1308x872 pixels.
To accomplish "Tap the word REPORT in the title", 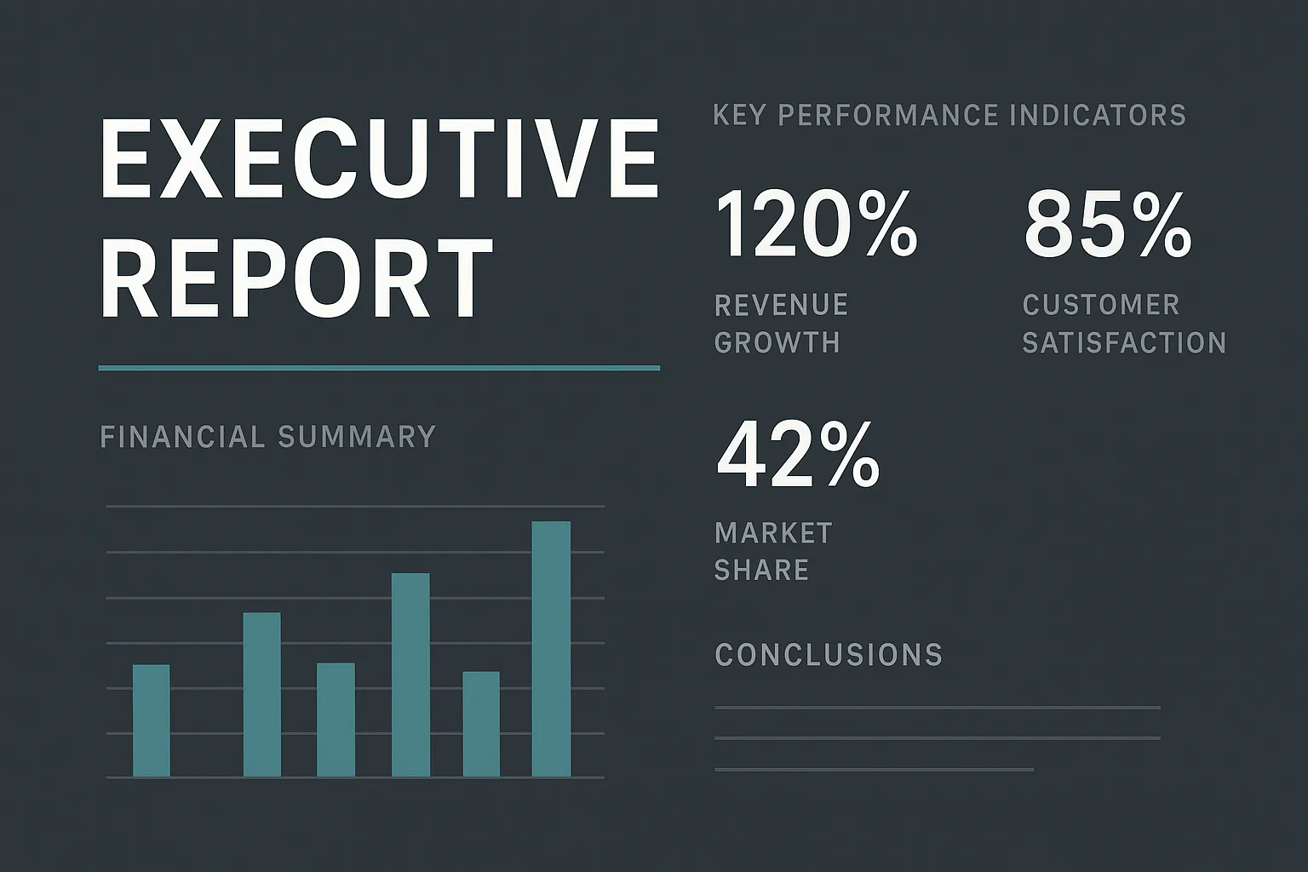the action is pyautogui.click(x=297, y=278).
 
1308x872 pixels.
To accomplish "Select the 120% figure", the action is pyautogui.click(x=817, y=224).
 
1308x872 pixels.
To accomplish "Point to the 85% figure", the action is pyautogui.click(x=1107, y=224).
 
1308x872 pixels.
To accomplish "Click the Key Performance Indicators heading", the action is pyautogui.click(x=949, y=114).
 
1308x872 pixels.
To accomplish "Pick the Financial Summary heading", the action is pyautogui.click(x=268, y=436).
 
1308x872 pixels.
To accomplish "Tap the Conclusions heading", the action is pyautogui.click(x=829, y=655).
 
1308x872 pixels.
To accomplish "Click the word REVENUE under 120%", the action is pyautogui.click(x=781, y=305).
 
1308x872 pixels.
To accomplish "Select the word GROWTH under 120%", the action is pyautogui.click(x=777, y=342).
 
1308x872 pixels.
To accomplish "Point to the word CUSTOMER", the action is pyautogui.click(x=1101, y=305).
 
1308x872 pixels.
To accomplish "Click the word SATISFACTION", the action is pyautogui.click(x=1124, y=342).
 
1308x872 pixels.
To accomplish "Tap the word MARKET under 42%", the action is pyautogui.click(x=774, y=533).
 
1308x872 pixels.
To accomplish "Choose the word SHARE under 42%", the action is pyautogui.click(x=762, y=570).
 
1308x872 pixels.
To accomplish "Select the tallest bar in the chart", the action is pyautogui.click(x=551, y=649).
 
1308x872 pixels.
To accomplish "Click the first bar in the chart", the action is pyautogui.click(x=152, y=720).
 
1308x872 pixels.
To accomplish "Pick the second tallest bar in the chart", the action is pyautogui.click(x=410, y=674).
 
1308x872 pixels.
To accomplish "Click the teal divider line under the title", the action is pyautogui.click(x=380, y=368).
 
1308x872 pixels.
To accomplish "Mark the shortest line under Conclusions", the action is pyautogui.click(x=875, y=770).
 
